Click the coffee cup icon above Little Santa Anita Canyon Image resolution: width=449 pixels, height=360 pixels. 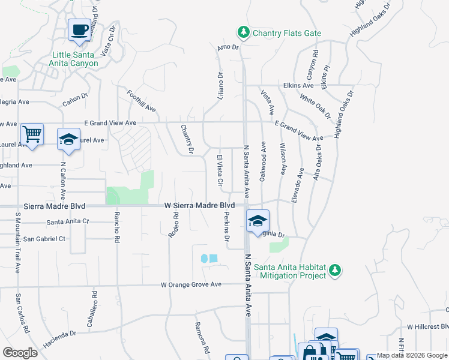[79, 29]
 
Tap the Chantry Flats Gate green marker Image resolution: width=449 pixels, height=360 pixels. [243, 32]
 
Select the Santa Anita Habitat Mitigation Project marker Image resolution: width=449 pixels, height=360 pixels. [336, 271]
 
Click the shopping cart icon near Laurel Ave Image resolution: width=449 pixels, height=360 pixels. [32, 134]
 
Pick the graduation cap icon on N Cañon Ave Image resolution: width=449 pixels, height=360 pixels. [69, 141]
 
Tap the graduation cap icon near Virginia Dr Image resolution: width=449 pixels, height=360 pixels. [258, 221]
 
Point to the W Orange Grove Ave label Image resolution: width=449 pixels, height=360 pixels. [191, 284]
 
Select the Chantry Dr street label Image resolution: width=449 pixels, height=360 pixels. [187, 139]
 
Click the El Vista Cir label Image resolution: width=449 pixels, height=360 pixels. [220, 170]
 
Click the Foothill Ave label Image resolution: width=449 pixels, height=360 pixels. [142, 101]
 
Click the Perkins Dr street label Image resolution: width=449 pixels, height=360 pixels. [227, 226]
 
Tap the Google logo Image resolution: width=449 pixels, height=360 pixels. [20, 353]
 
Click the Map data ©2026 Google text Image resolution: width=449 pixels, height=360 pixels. [412, 355]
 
